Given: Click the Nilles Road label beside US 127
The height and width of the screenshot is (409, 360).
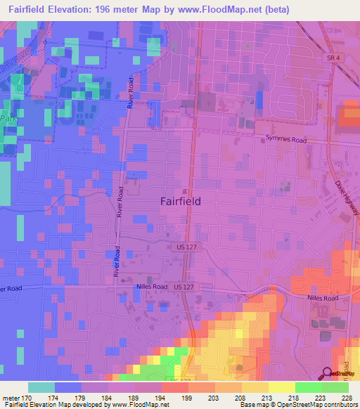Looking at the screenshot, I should tap(151, 287).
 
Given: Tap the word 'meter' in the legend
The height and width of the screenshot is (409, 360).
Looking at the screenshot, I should tap(13, 397).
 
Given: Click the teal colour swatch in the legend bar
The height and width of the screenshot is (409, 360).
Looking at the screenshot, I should tap(41, 387).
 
